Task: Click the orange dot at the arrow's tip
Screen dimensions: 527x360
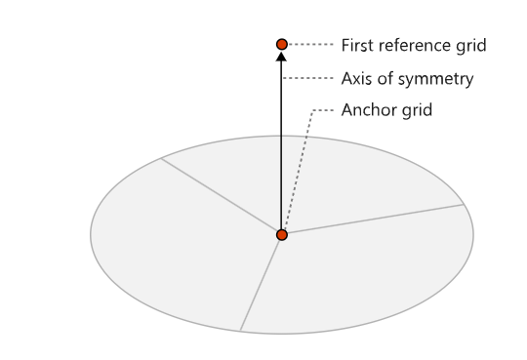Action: click(282, 44)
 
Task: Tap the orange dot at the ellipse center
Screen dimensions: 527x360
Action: click(282, 234)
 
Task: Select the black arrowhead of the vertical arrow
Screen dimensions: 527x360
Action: click(281, 56)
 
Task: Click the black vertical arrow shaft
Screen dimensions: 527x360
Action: click(281, 145)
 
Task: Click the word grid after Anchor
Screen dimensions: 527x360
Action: click(417, 110)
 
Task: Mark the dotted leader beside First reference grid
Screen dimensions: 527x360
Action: click(310, 44)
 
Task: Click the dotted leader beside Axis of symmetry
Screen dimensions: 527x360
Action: click(307, 78)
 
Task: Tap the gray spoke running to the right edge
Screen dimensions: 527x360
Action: click(376, 219)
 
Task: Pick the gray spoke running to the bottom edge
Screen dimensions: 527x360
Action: click(260, 285)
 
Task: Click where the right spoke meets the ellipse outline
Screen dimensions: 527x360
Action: click(464, 204)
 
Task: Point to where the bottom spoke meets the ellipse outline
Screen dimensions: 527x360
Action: click(240, 331)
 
